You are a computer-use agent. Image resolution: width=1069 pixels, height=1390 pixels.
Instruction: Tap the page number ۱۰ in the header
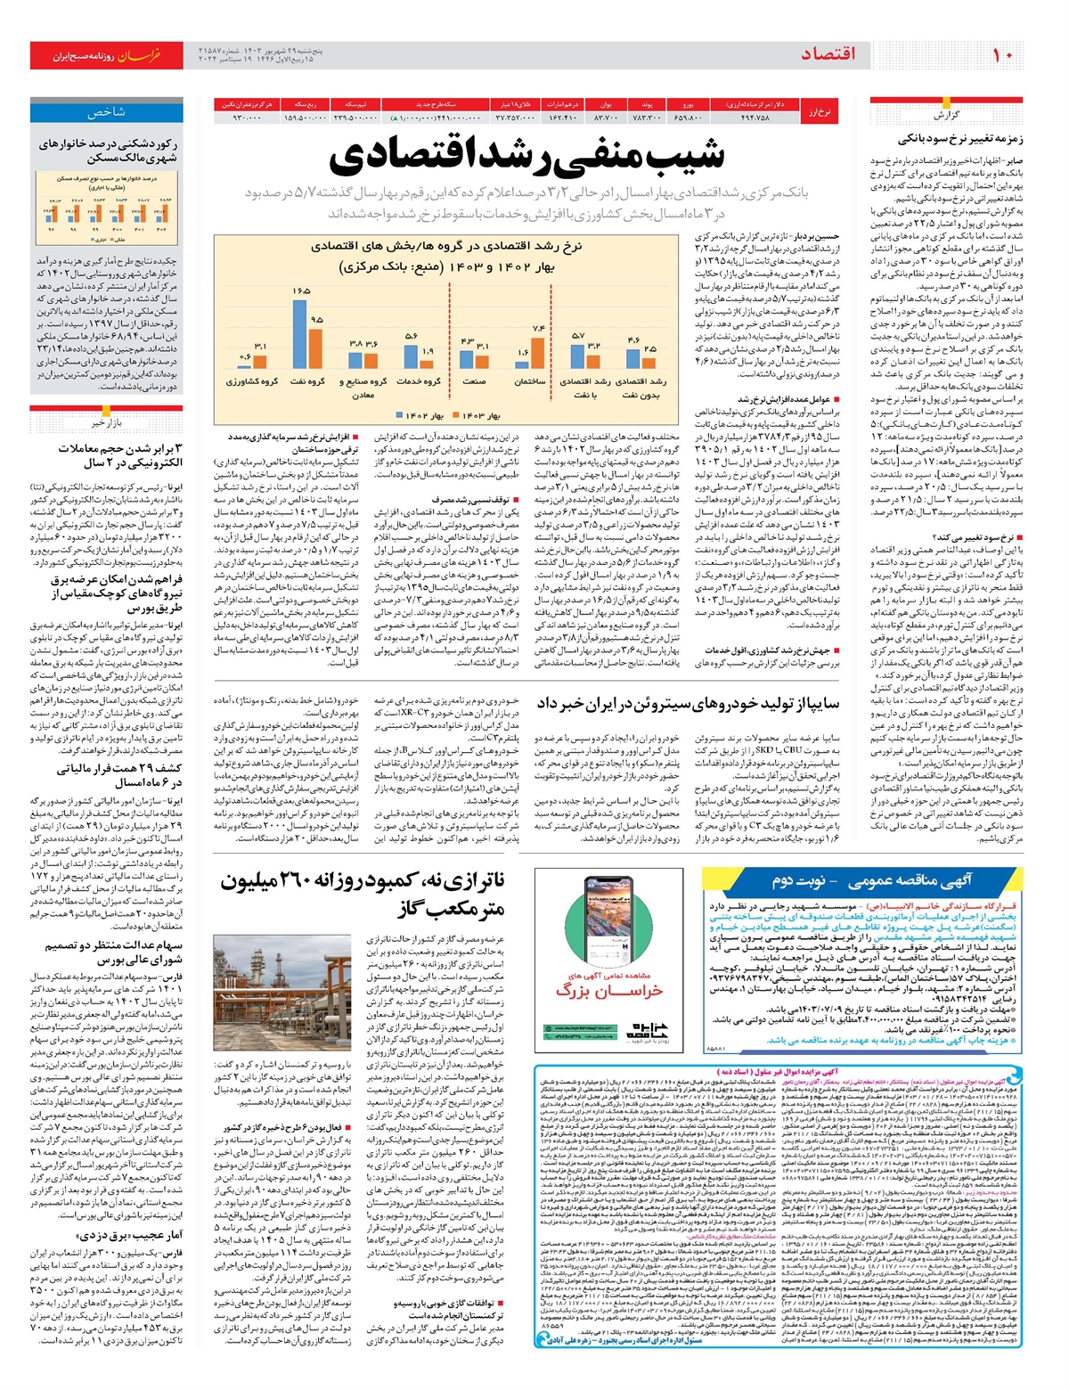click(x=1001, y=54)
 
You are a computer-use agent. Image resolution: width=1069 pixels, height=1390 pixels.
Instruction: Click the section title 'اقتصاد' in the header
click(x=828, y=54)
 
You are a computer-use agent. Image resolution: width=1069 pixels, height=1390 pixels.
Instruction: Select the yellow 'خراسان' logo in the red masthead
click(x=139, y=55)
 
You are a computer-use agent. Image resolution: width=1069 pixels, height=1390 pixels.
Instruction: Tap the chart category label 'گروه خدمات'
click(x=419, y=382)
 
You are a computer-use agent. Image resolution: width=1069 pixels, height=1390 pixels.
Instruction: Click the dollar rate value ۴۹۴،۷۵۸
click(x=755, y=117)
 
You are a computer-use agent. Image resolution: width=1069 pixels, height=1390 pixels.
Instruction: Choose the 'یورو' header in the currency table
click(x=688, y=104)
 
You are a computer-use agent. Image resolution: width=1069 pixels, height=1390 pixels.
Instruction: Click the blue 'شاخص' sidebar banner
click(x=106, y=112)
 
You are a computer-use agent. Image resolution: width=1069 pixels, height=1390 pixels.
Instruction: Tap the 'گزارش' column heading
click(x=945, y=116)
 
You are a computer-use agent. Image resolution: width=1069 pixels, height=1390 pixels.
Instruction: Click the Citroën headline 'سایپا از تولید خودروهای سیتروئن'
click(x=688, y=704)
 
